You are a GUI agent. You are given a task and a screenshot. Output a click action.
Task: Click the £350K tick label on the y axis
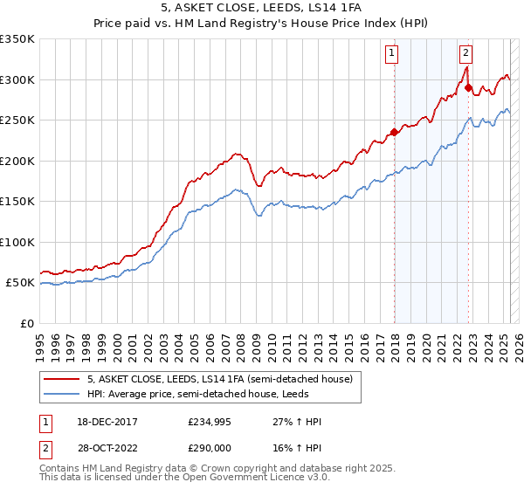coord(17,39)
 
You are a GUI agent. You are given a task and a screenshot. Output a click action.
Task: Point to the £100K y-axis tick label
coord(17,242)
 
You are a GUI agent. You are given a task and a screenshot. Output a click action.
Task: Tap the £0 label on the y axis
coord(26,323)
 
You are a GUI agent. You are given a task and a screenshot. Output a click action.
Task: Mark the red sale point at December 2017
coord(394,133)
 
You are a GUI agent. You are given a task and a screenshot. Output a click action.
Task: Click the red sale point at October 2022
coord(469,88)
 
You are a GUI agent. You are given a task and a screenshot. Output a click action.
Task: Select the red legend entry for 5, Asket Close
coord(219,379)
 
